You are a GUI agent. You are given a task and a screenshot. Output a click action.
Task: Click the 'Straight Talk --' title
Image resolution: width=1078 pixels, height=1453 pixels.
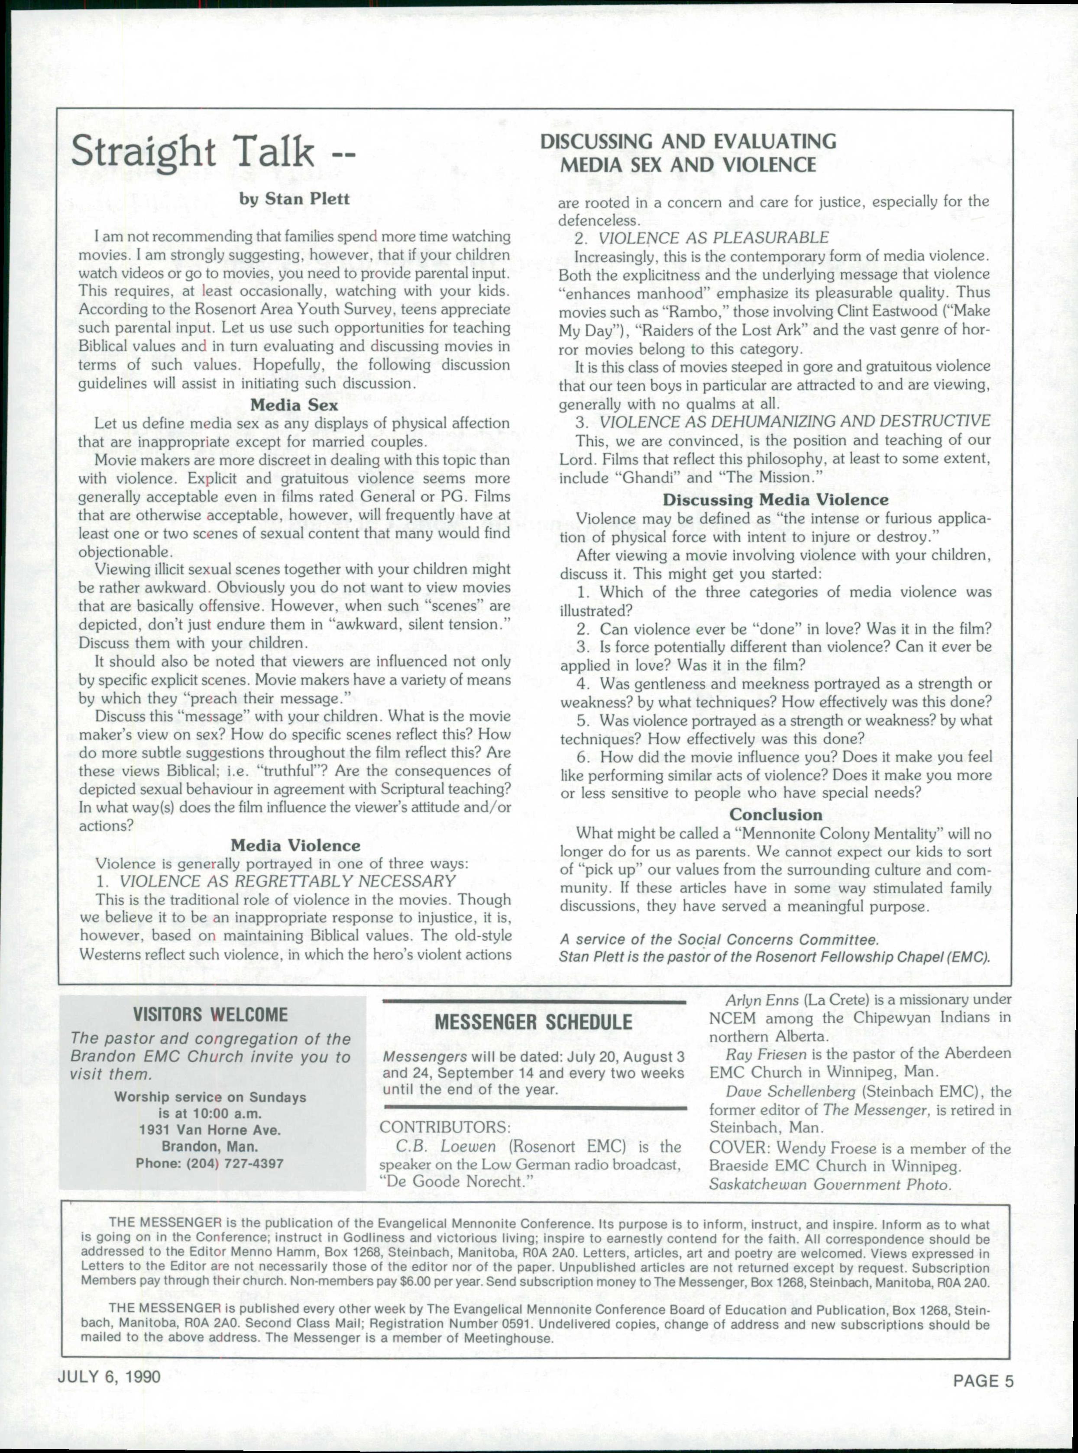[212, 152]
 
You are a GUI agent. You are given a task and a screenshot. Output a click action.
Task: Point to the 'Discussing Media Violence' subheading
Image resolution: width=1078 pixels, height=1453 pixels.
[775, 500]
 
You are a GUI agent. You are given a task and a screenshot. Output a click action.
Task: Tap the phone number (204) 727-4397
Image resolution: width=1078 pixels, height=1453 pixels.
[210, 1163]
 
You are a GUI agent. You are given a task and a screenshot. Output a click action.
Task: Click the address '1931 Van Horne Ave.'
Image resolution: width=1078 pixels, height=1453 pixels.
[210, 1130]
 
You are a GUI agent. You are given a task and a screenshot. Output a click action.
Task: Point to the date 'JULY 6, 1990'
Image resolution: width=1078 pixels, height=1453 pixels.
[109, 1376]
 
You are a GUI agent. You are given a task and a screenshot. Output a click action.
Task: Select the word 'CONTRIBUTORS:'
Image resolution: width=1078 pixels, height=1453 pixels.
[444, 1127]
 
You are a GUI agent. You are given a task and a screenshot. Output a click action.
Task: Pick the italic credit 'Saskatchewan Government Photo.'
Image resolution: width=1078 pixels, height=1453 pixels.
[829, 1184]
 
